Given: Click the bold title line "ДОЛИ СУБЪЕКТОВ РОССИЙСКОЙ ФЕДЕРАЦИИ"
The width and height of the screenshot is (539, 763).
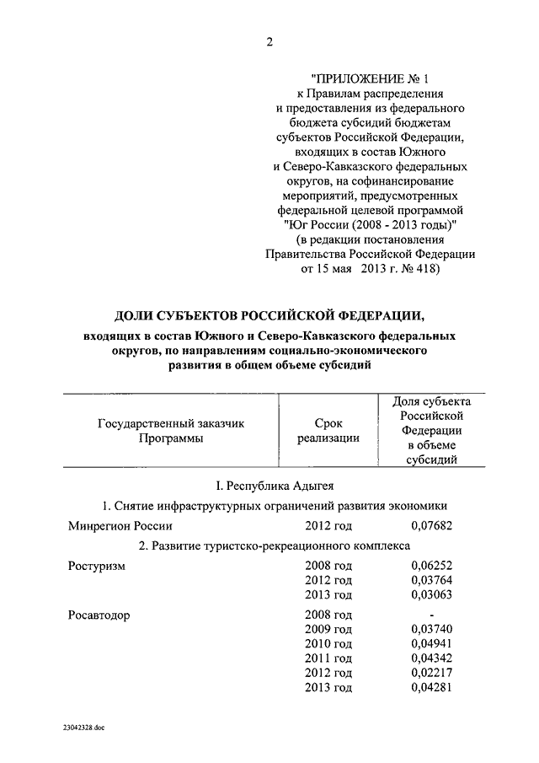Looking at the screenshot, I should coord(269,315).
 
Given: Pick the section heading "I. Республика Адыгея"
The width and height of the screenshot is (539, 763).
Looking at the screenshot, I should coord(269,486).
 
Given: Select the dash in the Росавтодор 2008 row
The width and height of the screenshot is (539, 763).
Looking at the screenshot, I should coord(430,615).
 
